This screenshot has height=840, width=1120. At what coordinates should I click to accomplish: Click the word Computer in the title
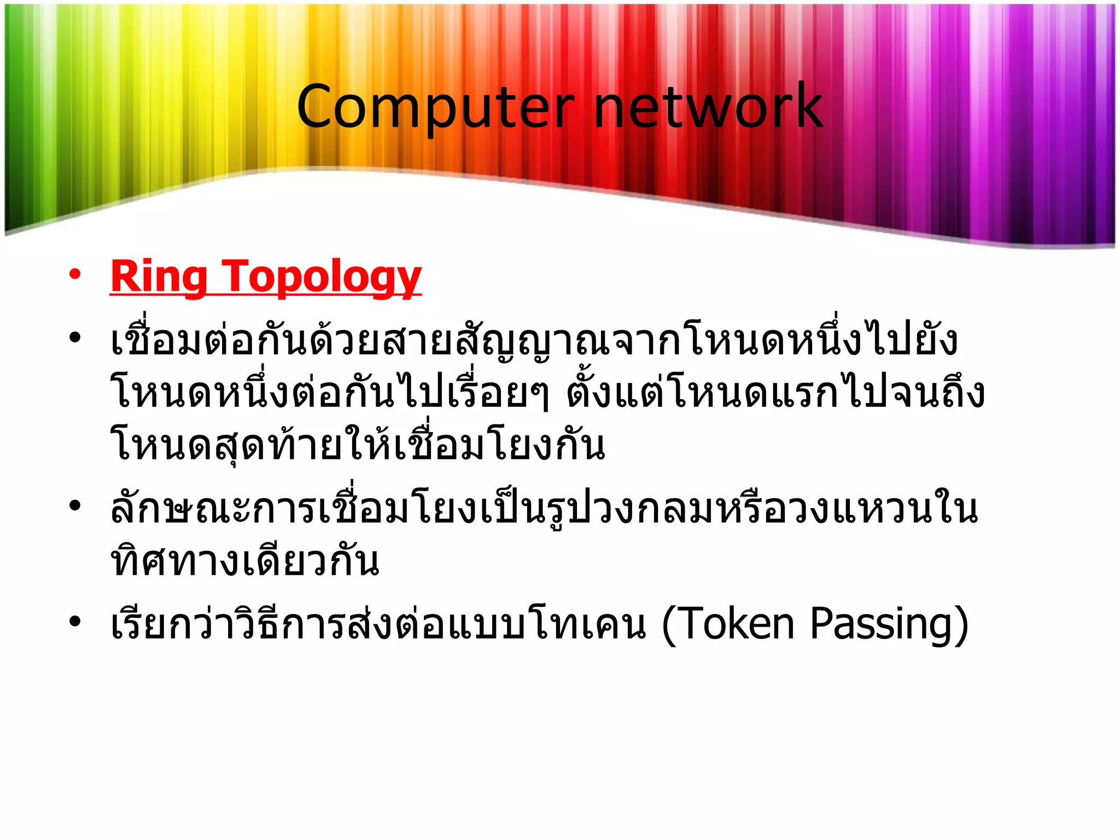[x=435, y=107]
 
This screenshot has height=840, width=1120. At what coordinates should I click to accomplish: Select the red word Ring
[x=158, y=277]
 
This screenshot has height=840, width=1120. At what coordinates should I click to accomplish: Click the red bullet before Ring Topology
[x=75, y=274]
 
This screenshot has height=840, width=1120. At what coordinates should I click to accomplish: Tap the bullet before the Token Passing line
[x=75, y=621]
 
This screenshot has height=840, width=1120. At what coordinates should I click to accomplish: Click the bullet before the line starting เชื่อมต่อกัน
[x=75, y=337]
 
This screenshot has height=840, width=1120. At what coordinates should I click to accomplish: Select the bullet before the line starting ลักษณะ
[x=75, y=505]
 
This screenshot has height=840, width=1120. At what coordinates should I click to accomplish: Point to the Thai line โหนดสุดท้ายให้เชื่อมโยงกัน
[x=358, y=445]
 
